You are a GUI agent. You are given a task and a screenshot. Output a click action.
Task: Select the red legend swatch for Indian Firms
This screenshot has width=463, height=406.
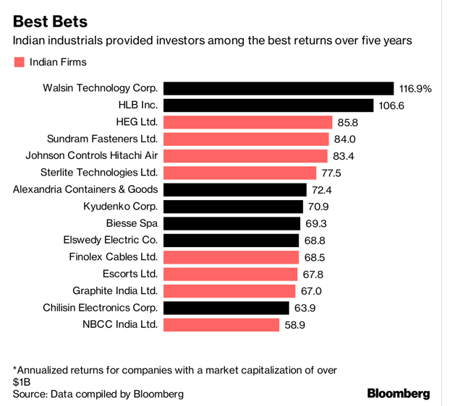(19, 62)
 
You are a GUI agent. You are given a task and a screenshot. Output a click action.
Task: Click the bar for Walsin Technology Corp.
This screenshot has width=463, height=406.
(278, 88)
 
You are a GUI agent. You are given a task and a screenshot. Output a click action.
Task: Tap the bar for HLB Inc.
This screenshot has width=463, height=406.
(268, 105)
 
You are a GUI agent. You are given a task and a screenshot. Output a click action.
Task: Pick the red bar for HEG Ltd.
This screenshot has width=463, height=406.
(247, 122)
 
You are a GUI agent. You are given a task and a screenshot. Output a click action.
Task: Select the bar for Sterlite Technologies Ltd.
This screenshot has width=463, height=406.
(240, 173)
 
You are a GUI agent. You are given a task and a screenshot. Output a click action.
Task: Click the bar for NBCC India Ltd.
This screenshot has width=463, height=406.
(221, 324)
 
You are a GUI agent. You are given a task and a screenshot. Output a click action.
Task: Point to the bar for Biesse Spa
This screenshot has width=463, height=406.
(231, 223)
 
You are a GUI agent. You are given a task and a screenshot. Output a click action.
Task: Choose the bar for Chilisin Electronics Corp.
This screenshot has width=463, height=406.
(226, 308)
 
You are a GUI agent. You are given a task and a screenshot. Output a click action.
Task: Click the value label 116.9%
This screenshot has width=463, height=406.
(415, 89)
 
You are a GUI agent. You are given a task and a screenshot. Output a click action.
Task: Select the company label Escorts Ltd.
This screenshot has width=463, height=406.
(130, 274)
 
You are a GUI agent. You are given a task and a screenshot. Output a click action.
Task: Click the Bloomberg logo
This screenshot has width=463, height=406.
(399, 394)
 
